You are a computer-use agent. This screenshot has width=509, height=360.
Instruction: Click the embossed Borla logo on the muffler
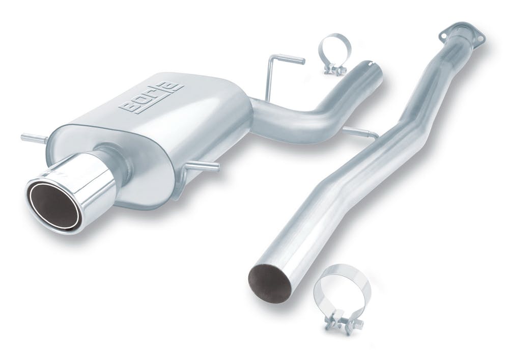pyautogui.click(x=152, y=98)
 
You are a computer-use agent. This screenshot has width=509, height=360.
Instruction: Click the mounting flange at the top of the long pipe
pyautogui.click(x=463, y=34)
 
